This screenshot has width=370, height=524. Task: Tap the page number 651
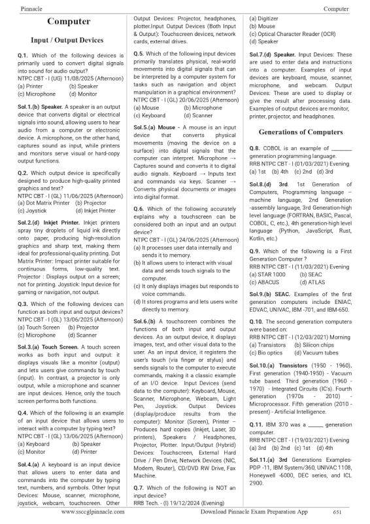(x=337, y=512)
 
